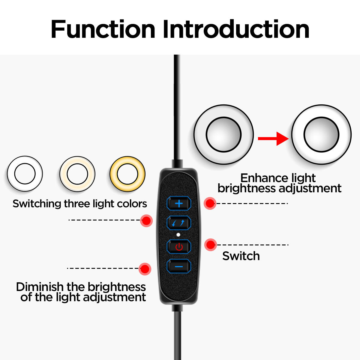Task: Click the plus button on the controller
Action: tap(179, 203)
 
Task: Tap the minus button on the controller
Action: tap(179, 266)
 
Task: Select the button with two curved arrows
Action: tap(179, 223)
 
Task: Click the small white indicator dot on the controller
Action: tap(178, 235)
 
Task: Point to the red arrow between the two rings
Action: tap(273, 138)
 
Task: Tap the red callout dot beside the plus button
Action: tap(210, 203)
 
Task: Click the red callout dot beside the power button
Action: tap(211, 245)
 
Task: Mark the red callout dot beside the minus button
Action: tap(145, 269)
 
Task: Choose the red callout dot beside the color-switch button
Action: tap(146, 221)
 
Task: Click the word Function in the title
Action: tap(103, 29)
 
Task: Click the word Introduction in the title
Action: tap(236, 29)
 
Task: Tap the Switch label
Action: tap(241, 256)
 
